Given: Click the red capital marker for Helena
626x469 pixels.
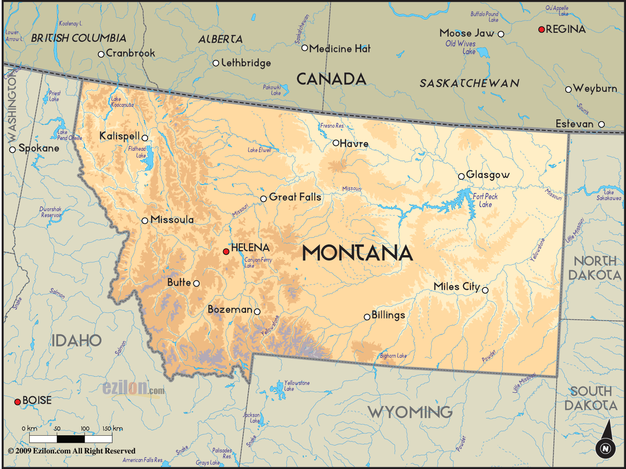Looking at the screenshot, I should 226,252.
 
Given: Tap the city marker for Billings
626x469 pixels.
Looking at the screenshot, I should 367,317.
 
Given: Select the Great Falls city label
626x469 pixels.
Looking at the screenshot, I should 295,197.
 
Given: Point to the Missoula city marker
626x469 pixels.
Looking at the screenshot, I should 145,221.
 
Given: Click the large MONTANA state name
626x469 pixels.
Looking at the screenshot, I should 357,253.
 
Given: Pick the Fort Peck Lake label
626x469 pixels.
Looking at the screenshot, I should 485,200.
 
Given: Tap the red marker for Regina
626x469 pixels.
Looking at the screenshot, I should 541,29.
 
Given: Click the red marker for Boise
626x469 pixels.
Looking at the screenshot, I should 18,402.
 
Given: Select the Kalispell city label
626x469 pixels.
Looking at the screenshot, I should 119,136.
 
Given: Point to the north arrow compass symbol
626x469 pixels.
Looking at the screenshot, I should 605,444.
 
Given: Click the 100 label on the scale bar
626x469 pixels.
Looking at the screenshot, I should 85,429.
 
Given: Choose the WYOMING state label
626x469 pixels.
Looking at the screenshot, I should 410,412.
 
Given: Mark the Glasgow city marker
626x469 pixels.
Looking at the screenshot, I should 462,177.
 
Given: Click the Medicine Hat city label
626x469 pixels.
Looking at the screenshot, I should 340,49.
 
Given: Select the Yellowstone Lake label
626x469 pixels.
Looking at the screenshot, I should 297,386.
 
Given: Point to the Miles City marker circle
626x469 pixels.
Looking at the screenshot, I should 485,290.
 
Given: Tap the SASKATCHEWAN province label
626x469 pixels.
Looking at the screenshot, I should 469,83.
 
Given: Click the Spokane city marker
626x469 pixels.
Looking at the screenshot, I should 12,150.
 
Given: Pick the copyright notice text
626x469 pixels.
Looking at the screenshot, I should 71,451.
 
